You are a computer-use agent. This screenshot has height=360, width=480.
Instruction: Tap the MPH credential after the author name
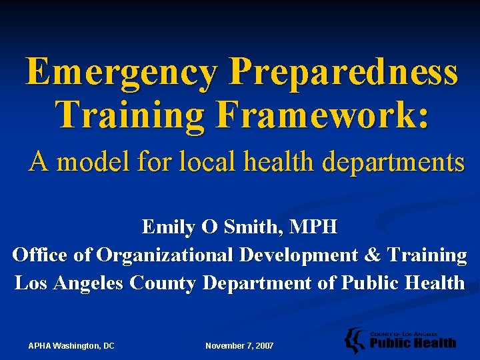click(x=315, y=227)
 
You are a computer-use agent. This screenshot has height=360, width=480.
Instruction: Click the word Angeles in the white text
click(x=89, y=283)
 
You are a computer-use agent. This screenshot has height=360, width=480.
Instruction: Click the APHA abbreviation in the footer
click(x=41, y=345)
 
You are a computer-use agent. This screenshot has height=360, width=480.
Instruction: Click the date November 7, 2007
click(x=239, y=345)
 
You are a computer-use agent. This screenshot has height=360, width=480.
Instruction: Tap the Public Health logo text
click(x=413, y=343)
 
